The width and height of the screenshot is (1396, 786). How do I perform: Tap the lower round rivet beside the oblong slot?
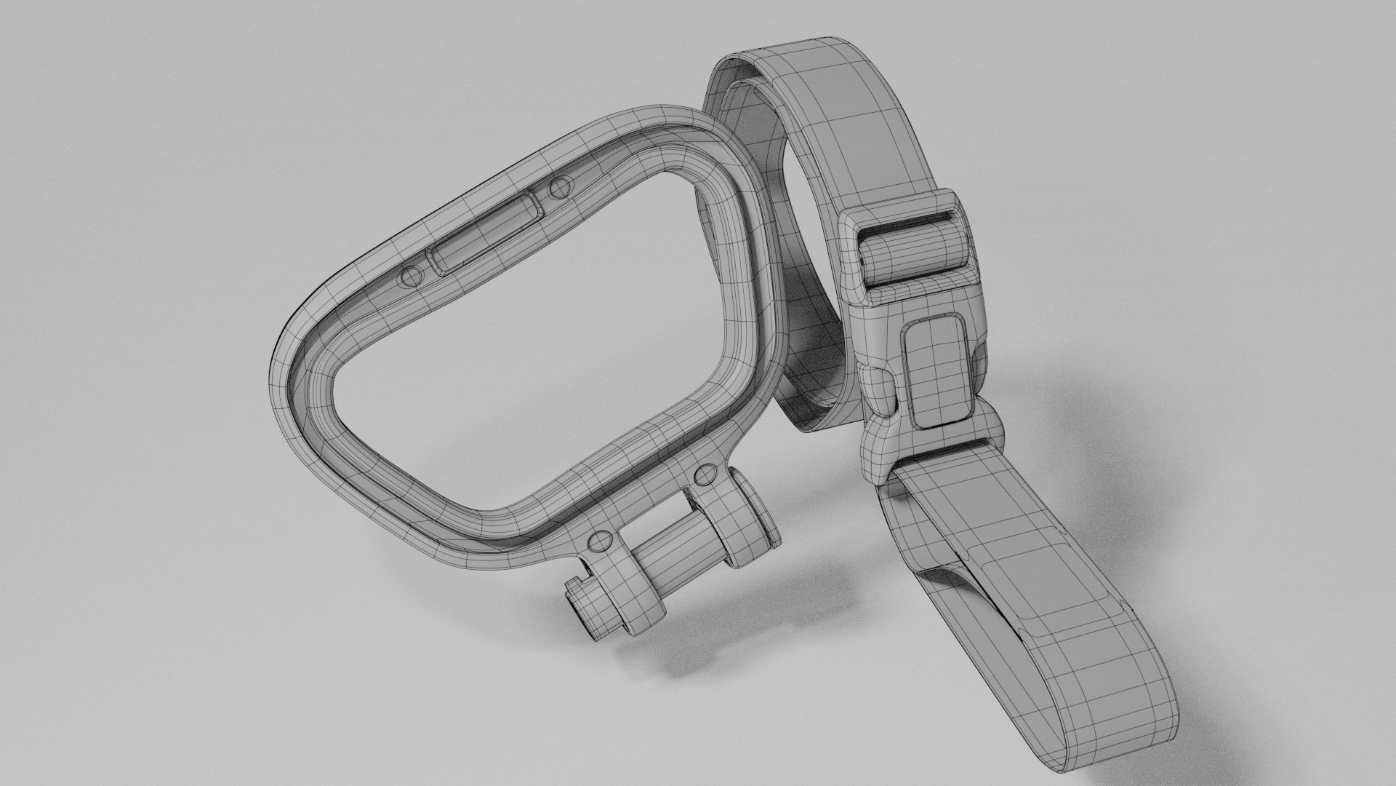pos(412,277)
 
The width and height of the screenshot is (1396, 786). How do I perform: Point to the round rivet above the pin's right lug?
pos(705,476)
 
